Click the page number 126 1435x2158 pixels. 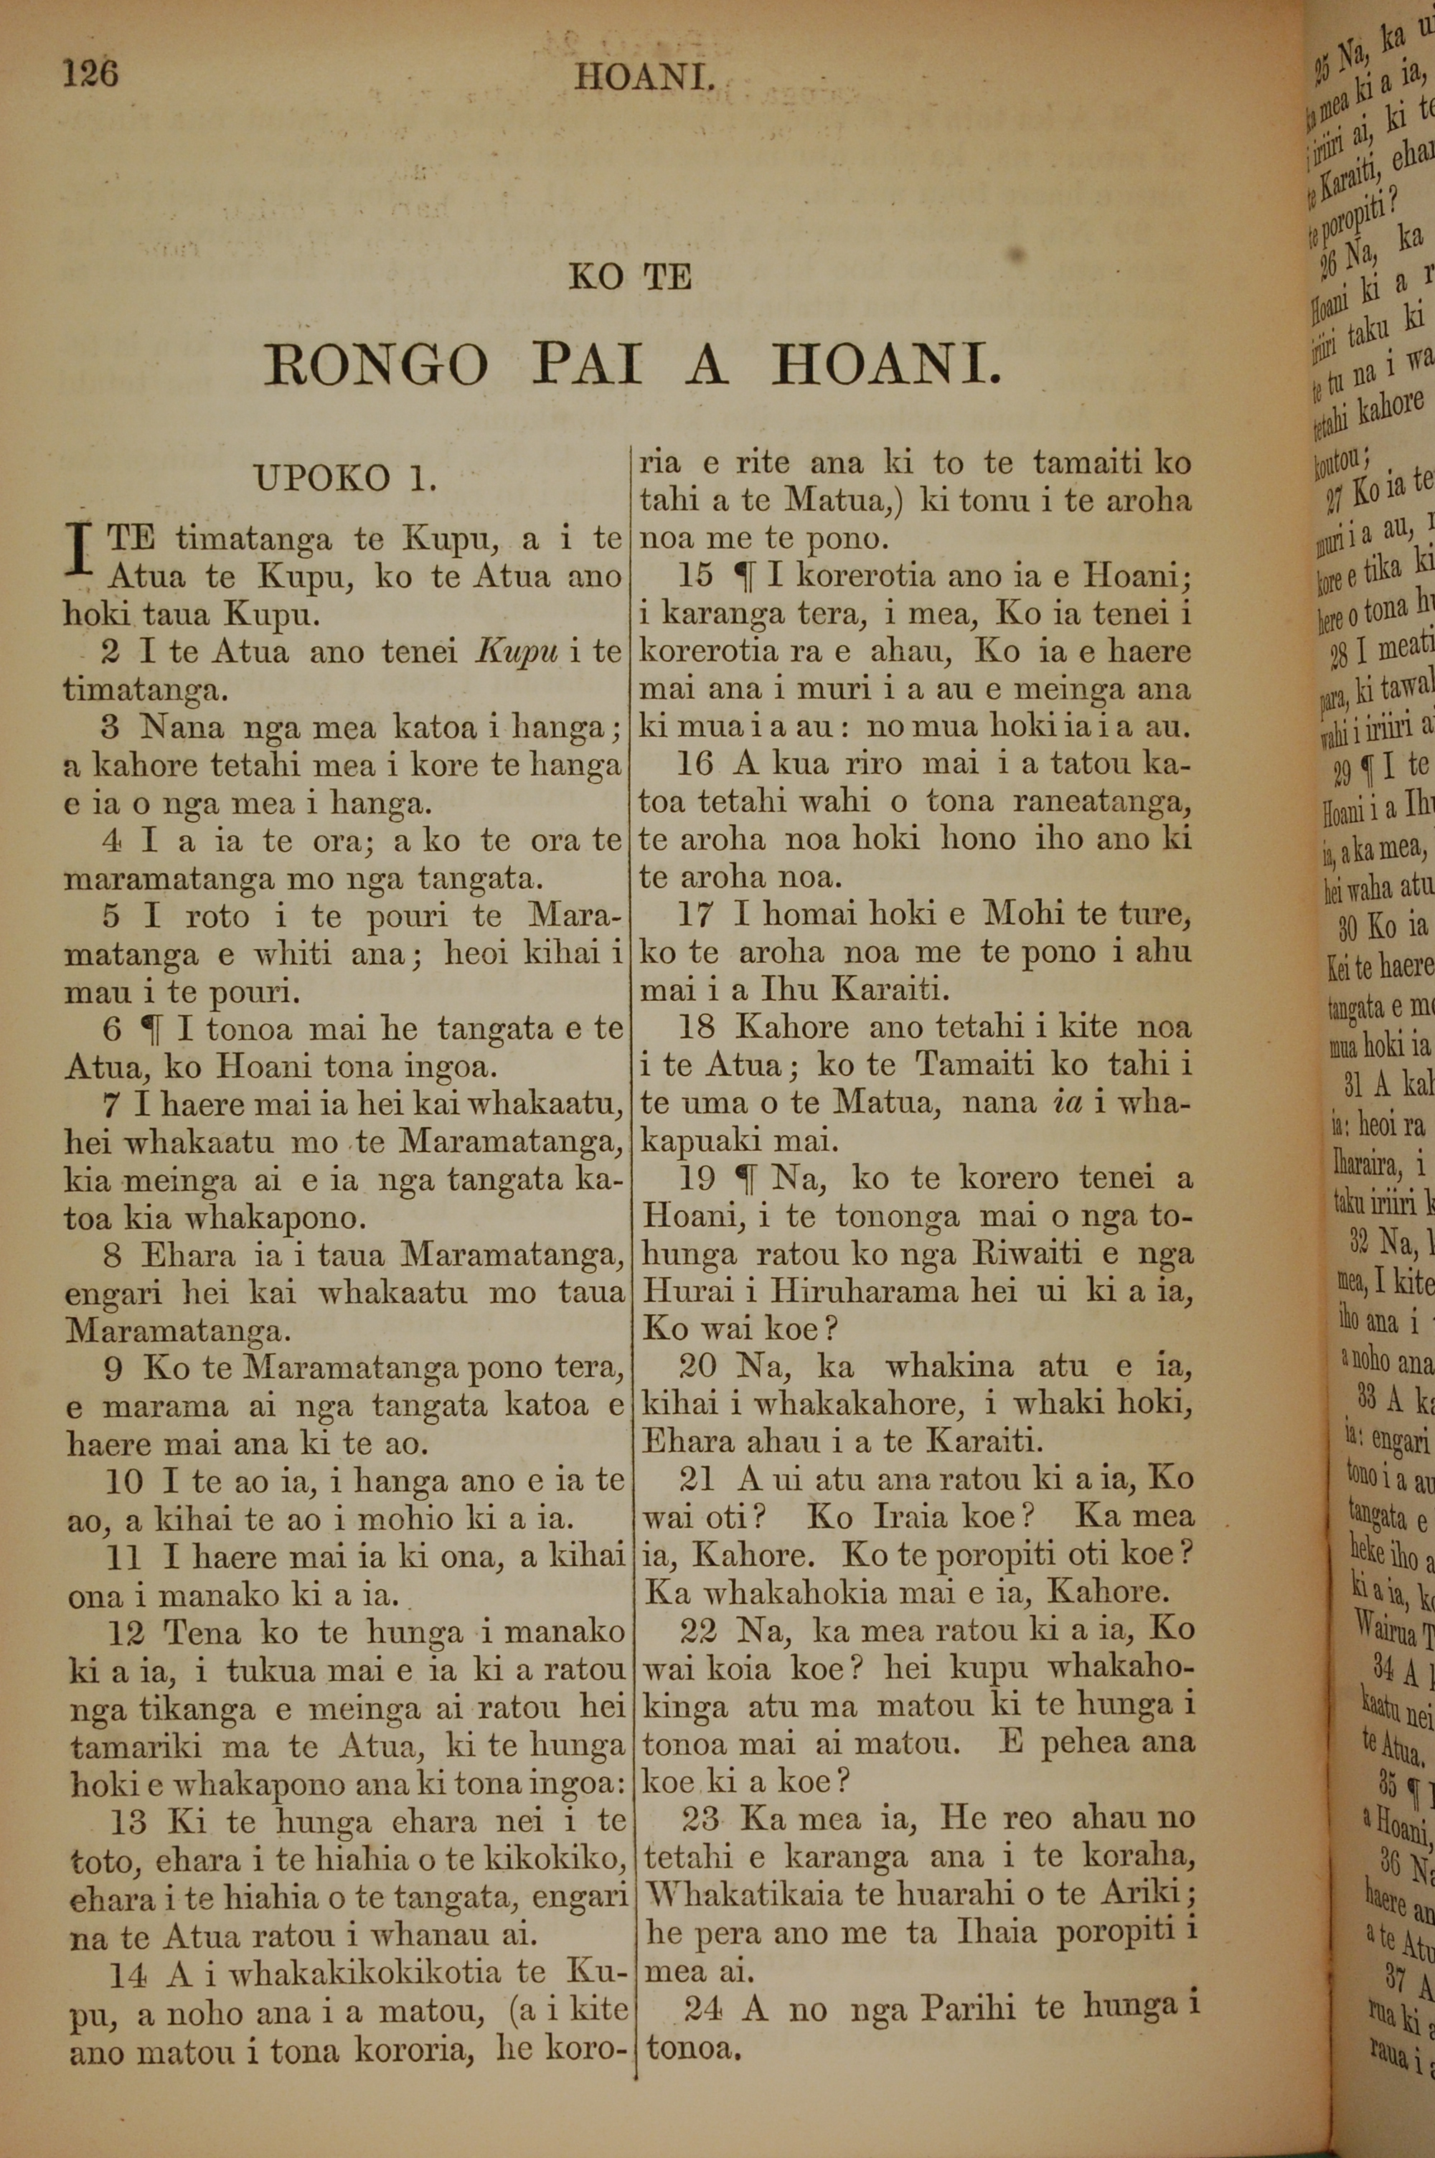coord(90,72)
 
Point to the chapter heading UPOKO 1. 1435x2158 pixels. coord(345,479)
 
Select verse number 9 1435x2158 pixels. coord(113,1369)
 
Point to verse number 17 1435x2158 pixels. coord(695,914)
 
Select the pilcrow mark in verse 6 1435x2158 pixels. coord(146,1030)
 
